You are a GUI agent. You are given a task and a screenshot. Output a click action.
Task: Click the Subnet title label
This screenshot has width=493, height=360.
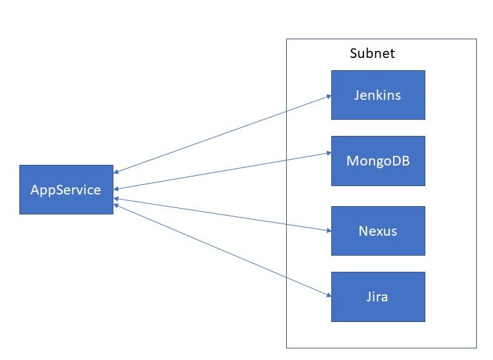click(372, 53)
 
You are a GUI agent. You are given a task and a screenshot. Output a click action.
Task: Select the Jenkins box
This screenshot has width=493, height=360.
click(378, 95)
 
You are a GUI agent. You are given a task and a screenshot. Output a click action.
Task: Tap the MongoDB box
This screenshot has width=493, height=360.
click(378, 161)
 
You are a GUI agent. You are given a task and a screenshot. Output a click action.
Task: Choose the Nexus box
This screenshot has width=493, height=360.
click(378, 231)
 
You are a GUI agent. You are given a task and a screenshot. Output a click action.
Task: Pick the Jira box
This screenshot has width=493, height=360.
click(378, 297)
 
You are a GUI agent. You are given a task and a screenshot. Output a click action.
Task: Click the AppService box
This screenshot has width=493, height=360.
click(66, 189)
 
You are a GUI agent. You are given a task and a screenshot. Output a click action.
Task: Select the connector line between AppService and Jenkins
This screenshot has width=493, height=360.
click(222, 134)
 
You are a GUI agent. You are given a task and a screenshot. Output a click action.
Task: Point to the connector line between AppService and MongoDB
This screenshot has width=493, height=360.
click(222, 171)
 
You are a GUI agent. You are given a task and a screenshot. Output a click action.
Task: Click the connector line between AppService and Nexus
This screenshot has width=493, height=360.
click(222, 214)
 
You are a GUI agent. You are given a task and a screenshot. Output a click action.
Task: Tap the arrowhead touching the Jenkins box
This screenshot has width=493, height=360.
click(328, 96)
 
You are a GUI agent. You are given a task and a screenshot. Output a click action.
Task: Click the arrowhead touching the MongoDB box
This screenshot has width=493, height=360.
click(328, 154)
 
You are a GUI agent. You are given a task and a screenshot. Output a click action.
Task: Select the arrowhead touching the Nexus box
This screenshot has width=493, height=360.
click(328, 230)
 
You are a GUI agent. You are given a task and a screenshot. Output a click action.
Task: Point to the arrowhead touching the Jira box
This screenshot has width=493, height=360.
click(328, 296)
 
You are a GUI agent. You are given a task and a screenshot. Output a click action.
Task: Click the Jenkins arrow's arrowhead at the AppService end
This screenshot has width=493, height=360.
click(117, 172)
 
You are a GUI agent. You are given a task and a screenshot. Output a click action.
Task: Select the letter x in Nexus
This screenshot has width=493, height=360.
click(379, 231)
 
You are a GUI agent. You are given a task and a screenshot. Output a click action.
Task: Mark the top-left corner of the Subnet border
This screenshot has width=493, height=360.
click(287, 39)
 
